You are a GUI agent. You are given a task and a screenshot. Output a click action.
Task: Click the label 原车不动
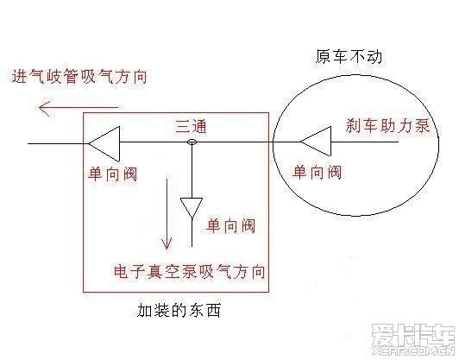click(349, 56)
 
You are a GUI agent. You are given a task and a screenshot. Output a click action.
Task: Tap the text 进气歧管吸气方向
click(79, 76)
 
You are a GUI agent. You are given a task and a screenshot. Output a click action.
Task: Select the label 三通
click(192, 127)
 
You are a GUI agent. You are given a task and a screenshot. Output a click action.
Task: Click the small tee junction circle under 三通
click(192, 142)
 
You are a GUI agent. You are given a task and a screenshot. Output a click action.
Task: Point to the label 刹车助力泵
click(388, 126)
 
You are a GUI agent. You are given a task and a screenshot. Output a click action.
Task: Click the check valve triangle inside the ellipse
click(316, 142)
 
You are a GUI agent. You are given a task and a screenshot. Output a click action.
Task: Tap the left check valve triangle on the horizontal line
click(104, 144)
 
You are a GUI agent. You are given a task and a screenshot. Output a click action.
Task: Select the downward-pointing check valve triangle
click(192, 207)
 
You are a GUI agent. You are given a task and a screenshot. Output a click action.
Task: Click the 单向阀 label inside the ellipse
click(317, 173)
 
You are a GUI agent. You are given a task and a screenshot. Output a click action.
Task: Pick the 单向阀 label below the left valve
click(113, 174)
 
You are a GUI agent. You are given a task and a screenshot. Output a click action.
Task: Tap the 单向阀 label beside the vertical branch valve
click(230, 226)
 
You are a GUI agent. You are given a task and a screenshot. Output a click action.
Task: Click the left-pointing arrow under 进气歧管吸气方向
click(80, 107)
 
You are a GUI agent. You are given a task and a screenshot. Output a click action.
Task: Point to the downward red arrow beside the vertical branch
click(167, 213)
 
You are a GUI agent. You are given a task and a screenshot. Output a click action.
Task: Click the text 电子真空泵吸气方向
click(190, 271)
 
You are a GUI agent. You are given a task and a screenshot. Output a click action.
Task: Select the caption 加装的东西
click(179, 310)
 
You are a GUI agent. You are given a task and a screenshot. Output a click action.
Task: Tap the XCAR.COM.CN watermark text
click(412, 350)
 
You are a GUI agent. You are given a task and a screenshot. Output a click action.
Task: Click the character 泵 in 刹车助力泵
click(422, 126)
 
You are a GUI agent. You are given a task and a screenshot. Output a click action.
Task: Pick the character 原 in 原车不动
click(324, 56)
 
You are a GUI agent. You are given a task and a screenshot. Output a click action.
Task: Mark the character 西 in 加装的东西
click(213, 310)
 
